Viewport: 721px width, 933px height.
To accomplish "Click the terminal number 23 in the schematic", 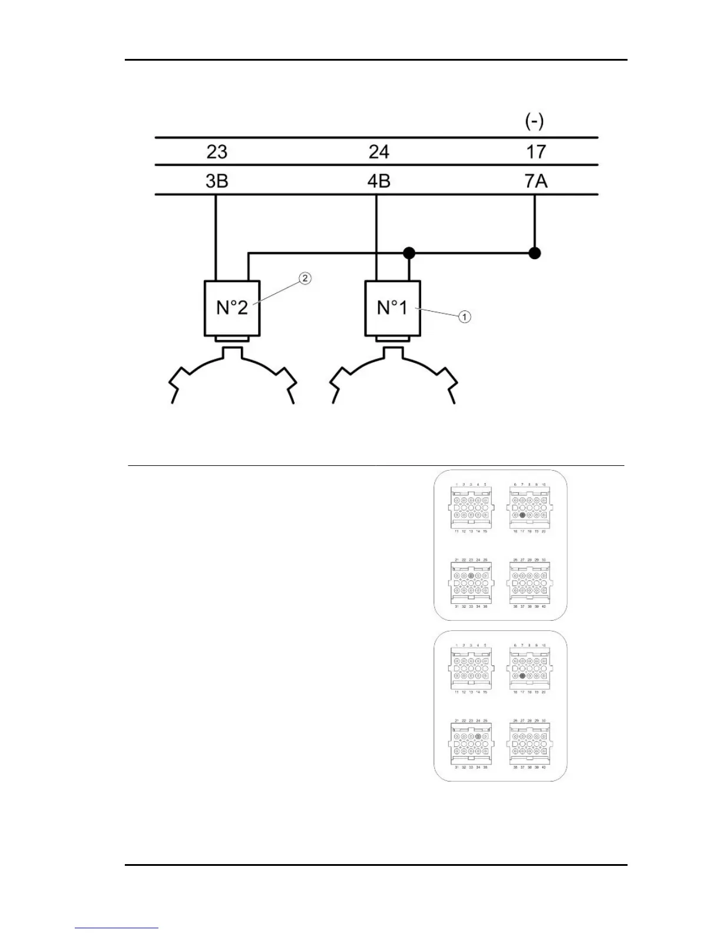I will coord(217,152).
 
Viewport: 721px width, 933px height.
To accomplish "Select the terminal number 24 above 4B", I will coord(379,152).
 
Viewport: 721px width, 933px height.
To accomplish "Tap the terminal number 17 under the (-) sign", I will coord(535,152).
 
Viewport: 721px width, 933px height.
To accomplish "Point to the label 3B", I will coord(217,181).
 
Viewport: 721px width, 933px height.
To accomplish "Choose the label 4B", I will coord(379,181).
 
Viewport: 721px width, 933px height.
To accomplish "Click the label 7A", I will coord(535,181).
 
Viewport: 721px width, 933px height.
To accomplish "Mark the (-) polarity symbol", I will coord(534,121).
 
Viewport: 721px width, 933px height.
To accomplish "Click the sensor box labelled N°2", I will coord(232,307).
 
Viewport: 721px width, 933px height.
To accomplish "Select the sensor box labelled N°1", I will coord(392,307).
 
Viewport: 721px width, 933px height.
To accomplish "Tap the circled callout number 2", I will coord(305,278).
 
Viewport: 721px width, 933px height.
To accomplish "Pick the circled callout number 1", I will coord(465,317).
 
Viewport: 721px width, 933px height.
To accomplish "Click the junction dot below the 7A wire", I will coord(534,253).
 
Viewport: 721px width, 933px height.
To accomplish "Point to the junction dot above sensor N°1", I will coord(409,253).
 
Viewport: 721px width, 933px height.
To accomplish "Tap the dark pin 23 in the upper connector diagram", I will coord(471,575).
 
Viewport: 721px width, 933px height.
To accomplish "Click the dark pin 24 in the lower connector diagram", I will coord(478,736).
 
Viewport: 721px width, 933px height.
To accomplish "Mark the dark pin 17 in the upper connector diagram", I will coord(522,515).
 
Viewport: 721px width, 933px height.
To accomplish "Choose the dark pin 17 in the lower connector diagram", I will coord(522,677).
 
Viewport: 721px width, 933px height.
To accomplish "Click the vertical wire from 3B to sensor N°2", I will coord(216,236).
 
